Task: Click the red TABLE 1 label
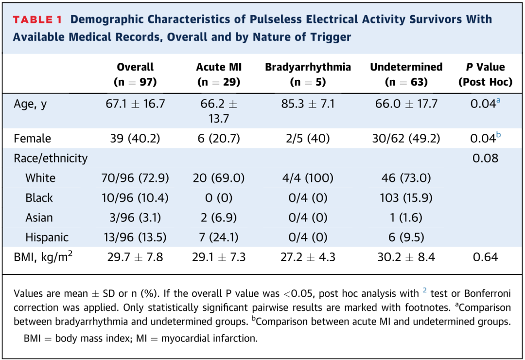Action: click(37, 19)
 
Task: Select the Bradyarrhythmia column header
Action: click(308, 74)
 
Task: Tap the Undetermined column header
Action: click(406, 74)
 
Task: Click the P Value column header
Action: click(485, 74)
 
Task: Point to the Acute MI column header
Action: click(219, 74)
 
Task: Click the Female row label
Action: click(32, 138)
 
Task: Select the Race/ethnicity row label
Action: click(51, 158)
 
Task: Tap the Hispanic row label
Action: click(47, 237)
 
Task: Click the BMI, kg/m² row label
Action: click(43, 257)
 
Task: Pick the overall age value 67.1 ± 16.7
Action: click(135, 104)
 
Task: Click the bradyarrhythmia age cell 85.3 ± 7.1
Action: click(308, 104)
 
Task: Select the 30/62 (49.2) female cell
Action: click(406, 138)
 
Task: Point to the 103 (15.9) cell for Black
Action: click(406, 198)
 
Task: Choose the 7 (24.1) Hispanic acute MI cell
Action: click(219, 237)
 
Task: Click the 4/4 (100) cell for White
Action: click(308, 178)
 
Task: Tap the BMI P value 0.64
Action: click(486, 257)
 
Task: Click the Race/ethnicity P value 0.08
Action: click(486, 158)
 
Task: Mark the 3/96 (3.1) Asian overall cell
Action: click(135, 217)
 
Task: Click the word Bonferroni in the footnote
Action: click(488, 294)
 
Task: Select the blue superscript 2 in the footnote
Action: click(424, 290)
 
